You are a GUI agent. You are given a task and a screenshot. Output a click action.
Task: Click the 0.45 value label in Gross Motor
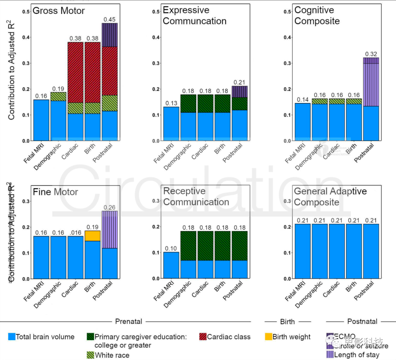[x=110, y=19]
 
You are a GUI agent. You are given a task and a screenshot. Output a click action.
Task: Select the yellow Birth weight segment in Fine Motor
[x=92, y=236]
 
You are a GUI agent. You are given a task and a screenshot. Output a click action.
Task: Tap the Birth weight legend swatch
[x=268, y=337]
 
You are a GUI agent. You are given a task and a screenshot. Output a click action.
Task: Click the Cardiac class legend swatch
[x=202, y=337]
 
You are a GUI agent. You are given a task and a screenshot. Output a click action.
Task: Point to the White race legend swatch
[x=90, y=355]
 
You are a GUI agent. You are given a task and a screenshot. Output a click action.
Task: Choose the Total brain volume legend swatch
[x=12, y=337]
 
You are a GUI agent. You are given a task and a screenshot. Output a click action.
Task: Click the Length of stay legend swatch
[x=330, y=355]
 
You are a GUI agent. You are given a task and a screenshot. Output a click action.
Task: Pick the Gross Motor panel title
[x=59, y=11]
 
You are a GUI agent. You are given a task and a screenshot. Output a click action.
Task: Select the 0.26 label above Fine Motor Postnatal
[x=110, y=207]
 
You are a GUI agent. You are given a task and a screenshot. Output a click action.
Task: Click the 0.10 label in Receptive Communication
[x=171, y=249]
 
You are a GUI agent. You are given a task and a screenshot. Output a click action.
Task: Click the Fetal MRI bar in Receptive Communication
[x=171, y=265]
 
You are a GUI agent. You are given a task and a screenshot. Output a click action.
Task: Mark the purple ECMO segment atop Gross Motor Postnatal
[x=110, y=35]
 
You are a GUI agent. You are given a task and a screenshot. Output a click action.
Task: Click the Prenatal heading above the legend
[x=129, y=322]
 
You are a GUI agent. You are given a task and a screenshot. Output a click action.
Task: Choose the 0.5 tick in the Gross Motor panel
[x=26, y=11]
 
